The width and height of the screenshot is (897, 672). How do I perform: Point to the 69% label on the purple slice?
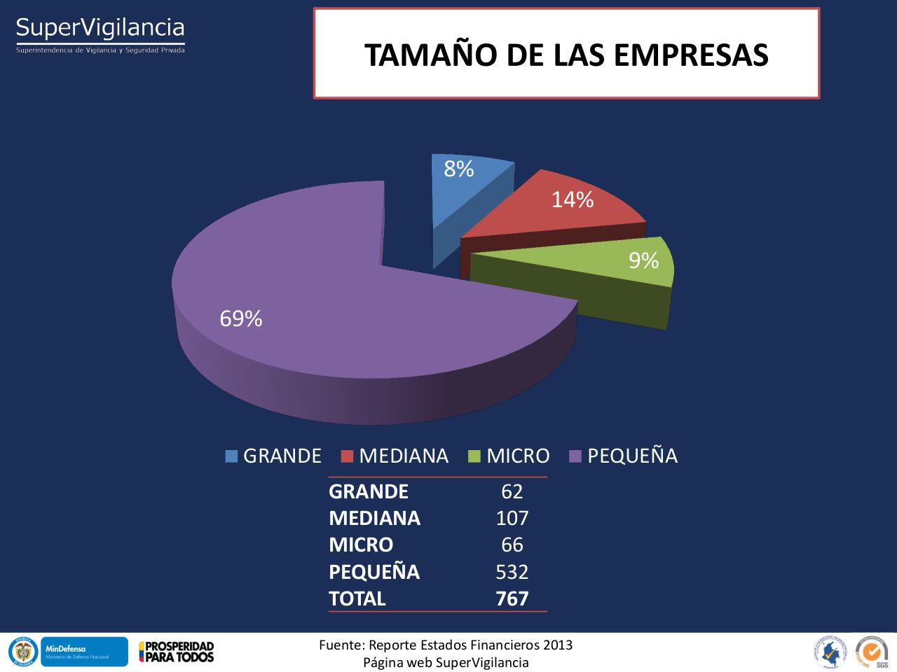pos(241,319)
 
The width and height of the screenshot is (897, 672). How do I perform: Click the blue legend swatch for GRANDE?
pos(231,456)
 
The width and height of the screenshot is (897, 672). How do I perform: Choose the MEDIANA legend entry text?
pos(404,456)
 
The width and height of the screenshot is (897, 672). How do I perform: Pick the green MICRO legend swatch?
pos(474,456)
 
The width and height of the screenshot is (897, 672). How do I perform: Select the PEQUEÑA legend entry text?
pos(632,456)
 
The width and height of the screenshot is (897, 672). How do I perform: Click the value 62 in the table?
pos(512,491)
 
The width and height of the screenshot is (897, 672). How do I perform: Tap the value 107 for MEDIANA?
pos(512,518)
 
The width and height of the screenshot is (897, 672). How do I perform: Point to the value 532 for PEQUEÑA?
pos(512,572)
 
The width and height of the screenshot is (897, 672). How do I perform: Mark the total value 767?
pos(512,598)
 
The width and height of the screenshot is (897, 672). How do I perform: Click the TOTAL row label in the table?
pos(357,598)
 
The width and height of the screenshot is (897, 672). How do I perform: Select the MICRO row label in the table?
pos(361,545)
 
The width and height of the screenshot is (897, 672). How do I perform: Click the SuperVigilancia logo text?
pos(100,29)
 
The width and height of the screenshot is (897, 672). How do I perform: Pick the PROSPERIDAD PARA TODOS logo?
pos(177,652)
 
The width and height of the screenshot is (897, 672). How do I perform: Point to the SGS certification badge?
pos(872,652)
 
